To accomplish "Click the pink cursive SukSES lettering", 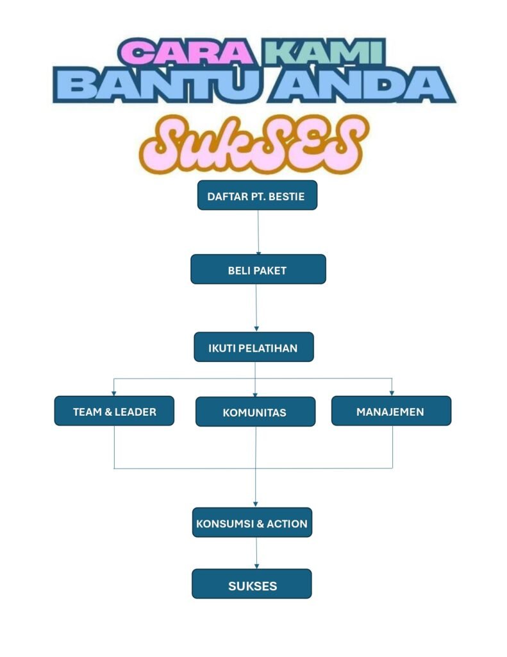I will [x=253, y=146].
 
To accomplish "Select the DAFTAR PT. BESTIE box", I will [x=257, y=196].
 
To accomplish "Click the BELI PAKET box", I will [x=258, y=270].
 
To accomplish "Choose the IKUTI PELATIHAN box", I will [x=254, y=348].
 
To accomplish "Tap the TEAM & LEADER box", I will [x=114, y=411].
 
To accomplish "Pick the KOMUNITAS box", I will [x=255, y=412].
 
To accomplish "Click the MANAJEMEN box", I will [x=391, y=411].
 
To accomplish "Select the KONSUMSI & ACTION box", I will [x=252, y=524].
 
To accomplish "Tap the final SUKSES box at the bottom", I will [x=252, y=585].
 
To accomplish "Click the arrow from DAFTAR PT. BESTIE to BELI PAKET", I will [x=258, y=232].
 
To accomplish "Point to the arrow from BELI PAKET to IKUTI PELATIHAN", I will [x=256, y=308].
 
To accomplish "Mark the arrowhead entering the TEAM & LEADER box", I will [x=114, y=392].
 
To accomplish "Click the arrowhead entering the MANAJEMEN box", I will [x=392, y=392].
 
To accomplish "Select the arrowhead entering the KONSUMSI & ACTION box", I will [x=256, y=504].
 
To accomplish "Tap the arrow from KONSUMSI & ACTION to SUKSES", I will [x=256, y=553].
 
